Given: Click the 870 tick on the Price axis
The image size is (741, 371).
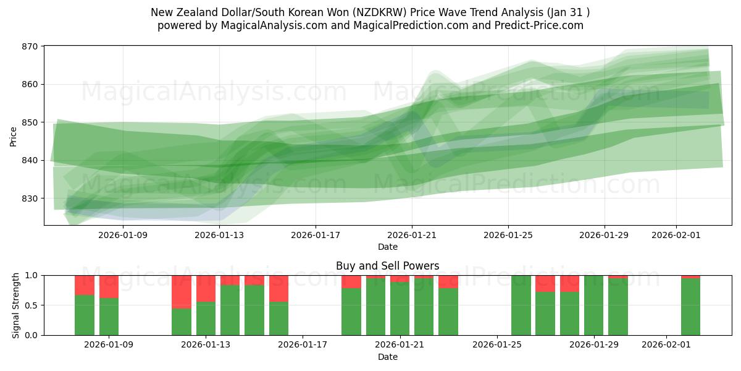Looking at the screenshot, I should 30,46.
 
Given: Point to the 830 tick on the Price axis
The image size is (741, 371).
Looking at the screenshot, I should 30,198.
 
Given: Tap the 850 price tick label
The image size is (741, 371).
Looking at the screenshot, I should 30,122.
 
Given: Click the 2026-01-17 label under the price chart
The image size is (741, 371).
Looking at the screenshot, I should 316,235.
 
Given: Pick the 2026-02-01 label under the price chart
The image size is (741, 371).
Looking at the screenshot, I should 676,235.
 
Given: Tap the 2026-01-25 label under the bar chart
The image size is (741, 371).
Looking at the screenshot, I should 497,345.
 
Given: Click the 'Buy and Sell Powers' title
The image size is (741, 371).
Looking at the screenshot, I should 387,266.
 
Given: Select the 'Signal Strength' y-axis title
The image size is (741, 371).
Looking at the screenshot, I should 16,305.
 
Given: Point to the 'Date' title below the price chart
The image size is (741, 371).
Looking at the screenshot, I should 387,247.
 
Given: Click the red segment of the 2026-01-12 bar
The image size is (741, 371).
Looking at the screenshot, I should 182,291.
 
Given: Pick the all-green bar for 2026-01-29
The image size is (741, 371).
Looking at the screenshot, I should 593,305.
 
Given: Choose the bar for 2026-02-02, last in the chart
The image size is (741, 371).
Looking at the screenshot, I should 690,307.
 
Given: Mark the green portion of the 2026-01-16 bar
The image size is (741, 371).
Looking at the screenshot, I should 278,318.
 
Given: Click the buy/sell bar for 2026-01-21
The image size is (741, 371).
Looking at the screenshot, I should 400,308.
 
